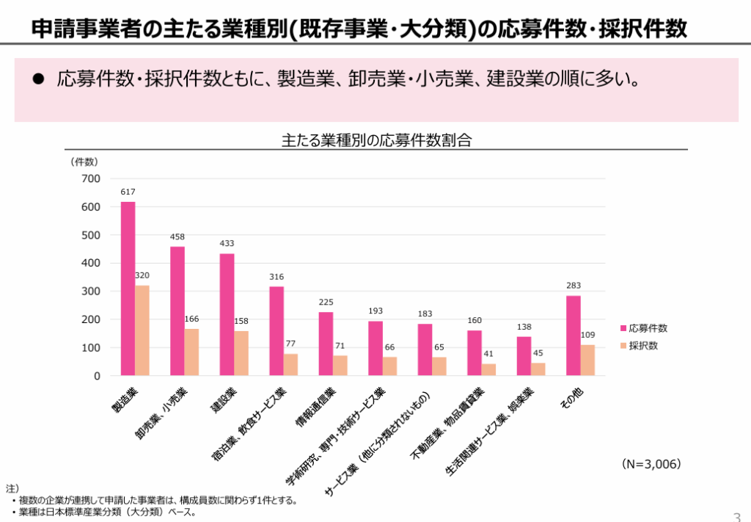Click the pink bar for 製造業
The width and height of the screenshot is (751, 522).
coord(128,289)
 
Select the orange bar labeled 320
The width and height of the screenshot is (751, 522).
coord(142,330)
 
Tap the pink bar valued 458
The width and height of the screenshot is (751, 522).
coord(177,311)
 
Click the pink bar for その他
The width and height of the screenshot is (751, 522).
coord(573,336)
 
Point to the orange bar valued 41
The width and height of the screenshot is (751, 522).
coord(488,369)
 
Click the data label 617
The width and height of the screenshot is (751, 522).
coord(128,192)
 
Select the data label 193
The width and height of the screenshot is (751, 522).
coord(375,311)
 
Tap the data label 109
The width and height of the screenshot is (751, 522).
coord(587,335)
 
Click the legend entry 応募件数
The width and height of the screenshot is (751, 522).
coord(648,328)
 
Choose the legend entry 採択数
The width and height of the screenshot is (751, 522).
coord(643,345)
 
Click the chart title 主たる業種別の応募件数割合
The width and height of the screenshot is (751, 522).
coord(375,140)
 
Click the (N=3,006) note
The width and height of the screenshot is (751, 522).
coord(651,464)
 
